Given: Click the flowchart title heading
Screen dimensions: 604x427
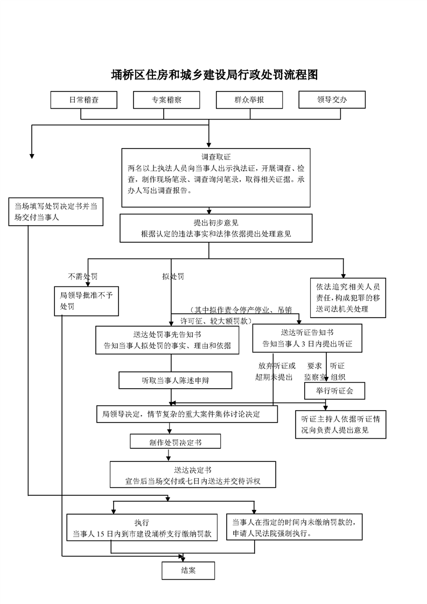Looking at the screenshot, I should (x=214, y=75).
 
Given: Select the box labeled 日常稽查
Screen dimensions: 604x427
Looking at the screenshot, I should (x=83, y=100).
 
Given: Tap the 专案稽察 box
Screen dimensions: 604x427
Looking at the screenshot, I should (x=166, y=100).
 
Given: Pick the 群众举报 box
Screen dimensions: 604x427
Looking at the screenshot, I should (x=249, y=100).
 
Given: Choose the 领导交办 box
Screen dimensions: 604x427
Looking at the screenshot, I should (x=332, y=99).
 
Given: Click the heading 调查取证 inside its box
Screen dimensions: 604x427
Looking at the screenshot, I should (x=216, y=157).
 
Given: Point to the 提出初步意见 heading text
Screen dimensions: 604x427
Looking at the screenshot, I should (x=216, y=223).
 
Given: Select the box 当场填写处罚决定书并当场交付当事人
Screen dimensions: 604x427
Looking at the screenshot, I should (x=55, y=212).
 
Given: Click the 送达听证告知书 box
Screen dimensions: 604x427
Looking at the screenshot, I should (x=303, y=338).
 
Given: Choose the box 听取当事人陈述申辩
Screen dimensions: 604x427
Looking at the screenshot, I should (x=176, y=380).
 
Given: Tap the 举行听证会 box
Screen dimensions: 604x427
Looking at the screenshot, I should (x=334, y=390).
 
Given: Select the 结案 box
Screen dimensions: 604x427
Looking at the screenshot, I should (x=188, y=571).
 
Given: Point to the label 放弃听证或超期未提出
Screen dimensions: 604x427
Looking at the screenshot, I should (x=275, y=371).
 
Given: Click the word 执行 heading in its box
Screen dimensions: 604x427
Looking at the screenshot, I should (x=142, y=523).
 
